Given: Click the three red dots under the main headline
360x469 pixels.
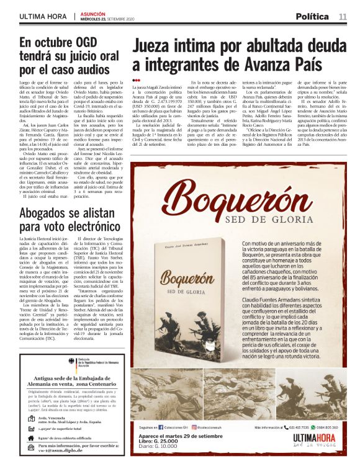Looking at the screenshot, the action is (137, 81).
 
